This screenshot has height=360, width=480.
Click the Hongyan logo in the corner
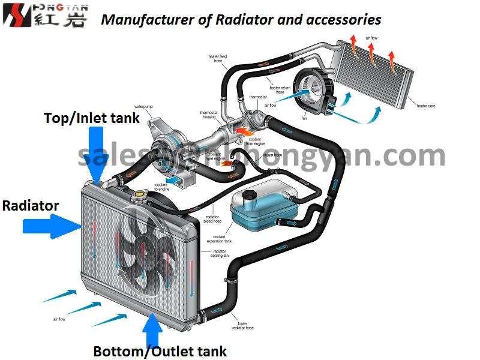pyautogui.click(x=45, y=16)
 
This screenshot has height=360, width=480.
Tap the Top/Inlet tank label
pyautogui.click(x=92, y=118)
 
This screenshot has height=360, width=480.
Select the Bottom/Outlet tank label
pyautogui.click(x=160, y=351)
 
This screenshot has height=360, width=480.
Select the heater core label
pyautogui.click(x=426, y=106)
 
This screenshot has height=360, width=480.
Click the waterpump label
pyautogui.click(x=143, y=106)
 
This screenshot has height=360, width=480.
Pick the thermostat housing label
pyautogui.click(x=208, y=115)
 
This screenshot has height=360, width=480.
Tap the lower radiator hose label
pyautogui.click(x=242, y=326)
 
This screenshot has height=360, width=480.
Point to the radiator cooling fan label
pyautogui.click(x=220, y=254)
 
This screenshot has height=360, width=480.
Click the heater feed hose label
pyautogui.click(x=218, y=59)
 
